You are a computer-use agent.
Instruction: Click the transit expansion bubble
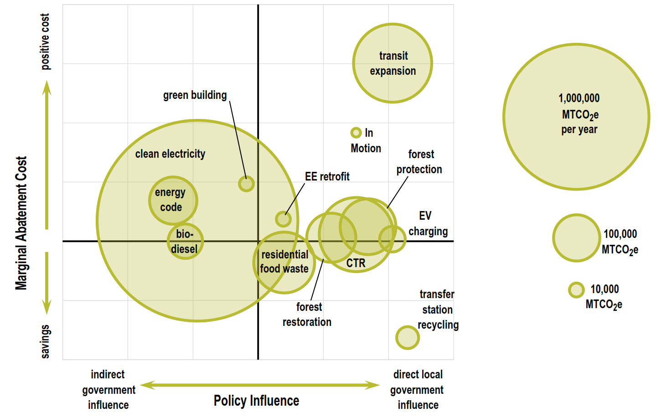coord(392,63)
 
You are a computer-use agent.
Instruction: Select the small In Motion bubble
coord(356,133)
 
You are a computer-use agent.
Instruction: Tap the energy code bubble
coord(173,200)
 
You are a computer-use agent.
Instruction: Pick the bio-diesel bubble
coord(185,241)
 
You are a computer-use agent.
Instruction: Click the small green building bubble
coord(246,184)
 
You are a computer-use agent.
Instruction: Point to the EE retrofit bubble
coord(283,219)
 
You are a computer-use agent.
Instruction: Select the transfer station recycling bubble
coord(407,338)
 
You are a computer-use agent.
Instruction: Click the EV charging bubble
coord(392,238)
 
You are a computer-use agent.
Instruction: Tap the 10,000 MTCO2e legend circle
coord(576,290)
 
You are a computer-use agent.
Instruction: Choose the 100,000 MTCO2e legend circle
coord(576,238)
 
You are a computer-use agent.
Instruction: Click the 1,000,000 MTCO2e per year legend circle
coord(576,117)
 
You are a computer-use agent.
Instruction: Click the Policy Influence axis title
coord(256,401)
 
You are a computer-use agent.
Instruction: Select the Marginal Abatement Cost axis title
coord(21,223)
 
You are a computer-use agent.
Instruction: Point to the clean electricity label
coord(170,154)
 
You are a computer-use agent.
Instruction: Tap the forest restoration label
coord(307,315)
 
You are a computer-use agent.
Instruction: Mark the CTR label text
coord(356,263)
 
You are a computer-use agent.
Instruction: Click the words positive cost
coord(45,41)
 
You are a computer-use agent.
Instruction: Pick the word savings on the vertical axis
coord(45,341)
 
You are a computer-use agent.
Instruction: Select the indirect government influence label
coord(108,390)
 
